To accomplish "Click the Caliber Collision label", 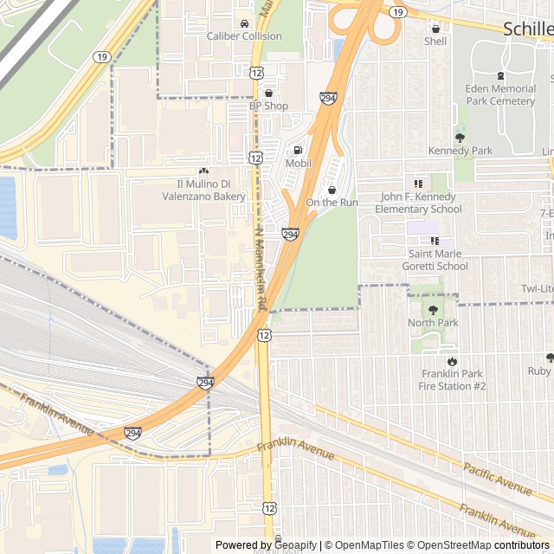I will coord(244,36).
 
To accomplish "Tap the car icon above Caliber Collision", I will coord(245,23).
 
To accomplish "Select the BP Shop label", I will coord(268,106).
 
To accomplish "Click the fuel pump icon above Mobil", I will coord(299,150).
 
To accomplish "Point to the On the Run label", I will coord(332,203).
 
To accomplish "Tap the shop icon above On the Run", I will coord(332,190).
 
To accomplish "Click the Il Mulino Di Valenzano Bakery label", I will coord(211,190).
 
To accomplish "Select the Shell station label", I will coord(435,41).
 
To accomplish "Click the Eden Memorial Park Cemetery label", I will coord(499,95).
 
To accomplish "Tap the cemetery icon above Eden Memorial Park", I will coord(499,75).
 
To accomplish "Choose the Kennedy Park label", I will coord(461,151).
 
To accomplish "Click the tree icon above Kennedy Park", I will coord(461,137).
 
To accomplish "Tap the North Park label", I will coord(433,323).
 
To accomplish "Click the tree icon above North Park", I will coord(433,309).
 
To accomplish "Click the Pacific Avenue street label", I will coord(497,479).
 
